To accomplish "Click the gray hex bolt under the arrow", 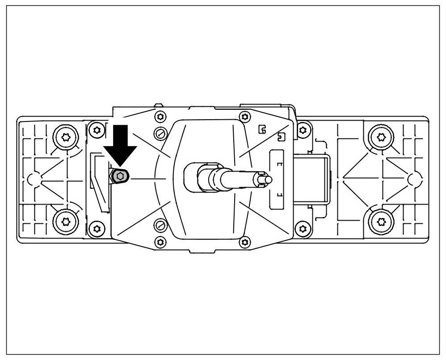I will (120, 177).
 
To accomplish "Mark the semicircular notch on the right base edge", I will (415, 179).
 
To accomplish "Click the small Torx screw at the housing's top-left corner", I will (97, 130).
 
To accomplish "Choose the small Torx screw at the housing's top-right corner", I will (303, 130).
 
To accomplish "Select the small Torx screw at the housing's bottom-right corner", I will (303, 229).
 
